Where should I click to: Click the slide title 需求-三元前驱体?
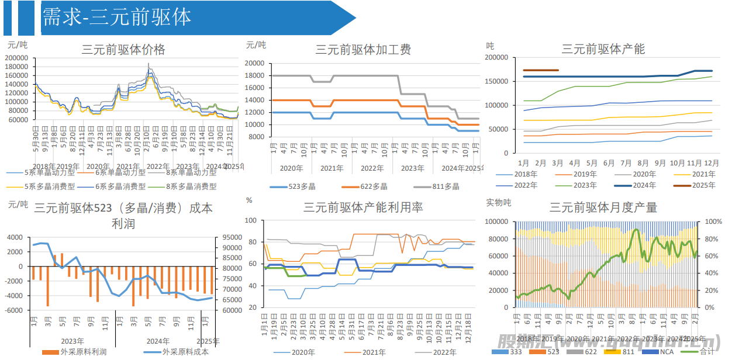coord(116,18)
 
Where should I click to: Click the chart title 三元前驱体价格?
coord(123,49)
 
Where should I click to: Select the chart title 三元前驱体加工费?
coord(363,49)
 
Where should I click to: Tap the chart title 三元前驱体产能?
coord(603,49)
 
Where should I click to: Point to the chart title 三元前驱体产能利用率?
coord(363,207)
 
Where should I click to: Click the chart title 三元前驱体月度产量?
coord(603,207)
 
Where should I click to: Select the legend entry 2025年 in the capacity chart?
coord(704,185)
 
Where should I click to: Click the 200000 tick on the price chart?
coord(17,58)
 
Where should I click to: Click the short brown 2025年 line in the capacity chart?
coord(541,70)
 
